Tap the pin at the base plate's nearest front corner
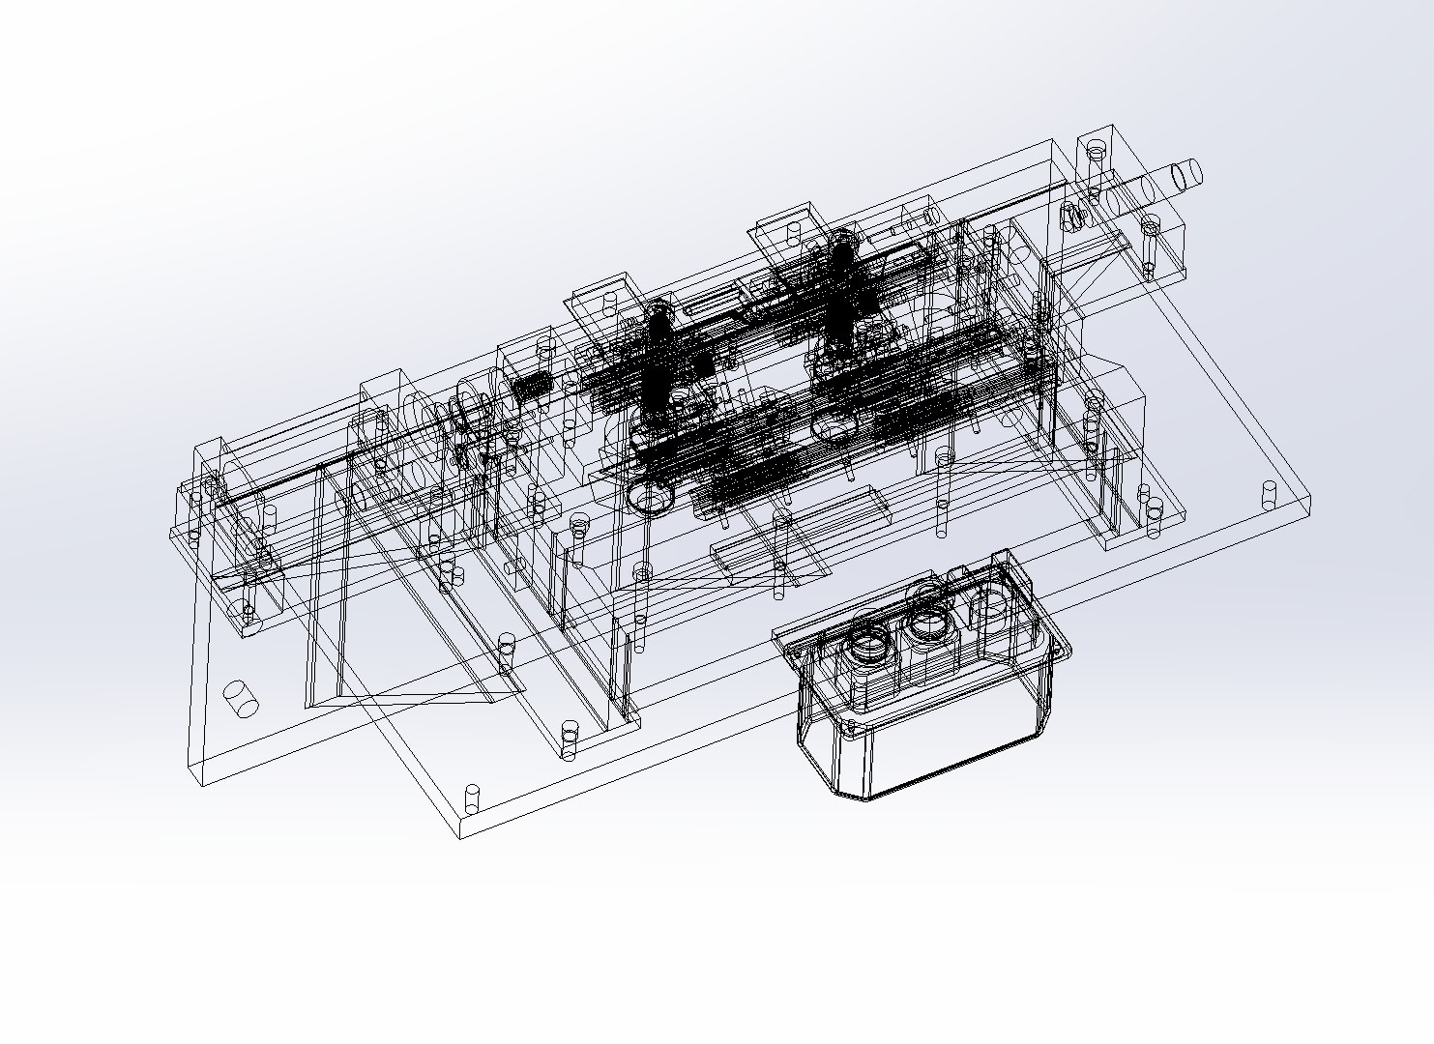point(473,797)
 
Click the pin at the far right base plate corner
point(1270,496)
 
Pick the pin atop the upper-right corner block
point(1096,150)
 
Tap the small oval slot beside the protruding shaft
point(1070,215)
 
